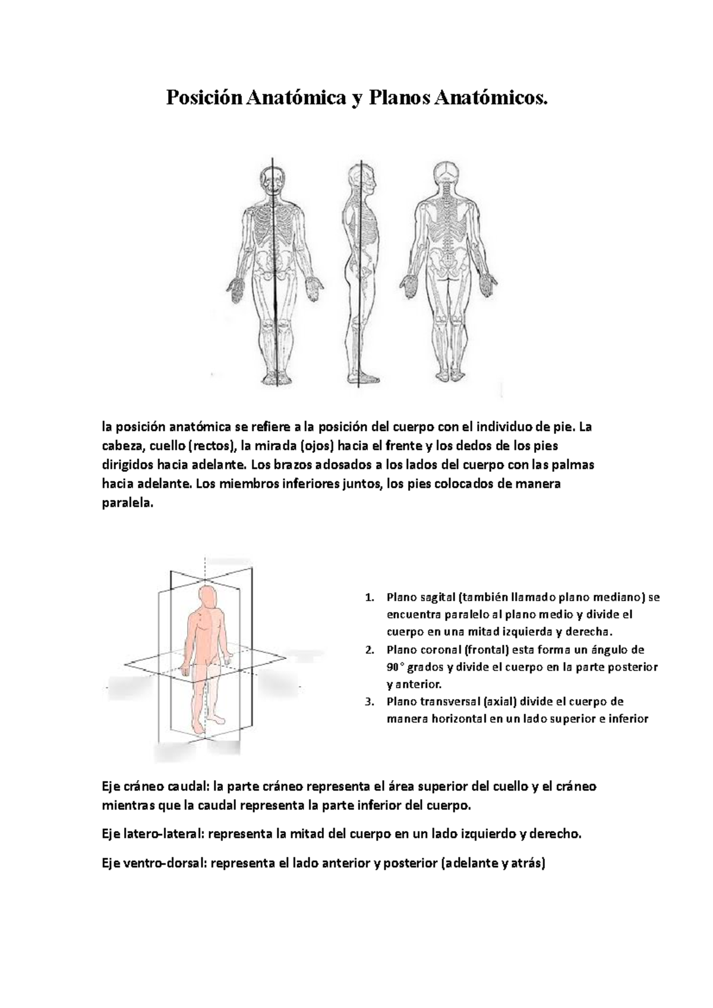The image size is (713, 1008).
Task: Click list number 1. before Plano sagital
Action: pyautogui.click(x=370, y=597)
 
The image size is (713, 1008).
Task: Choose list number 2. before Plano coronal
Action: pyautogui.click(x=370, y=649)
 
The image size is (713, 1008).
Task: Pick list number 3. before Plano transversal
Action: pyautogui.click(x=370, y=702)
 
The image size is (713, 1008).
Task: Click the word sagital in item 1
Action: pyautogui.click(x=436, y=597)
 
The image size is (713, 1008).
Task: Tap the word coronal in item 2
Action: pyautogui.click(x=438, y=649)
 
